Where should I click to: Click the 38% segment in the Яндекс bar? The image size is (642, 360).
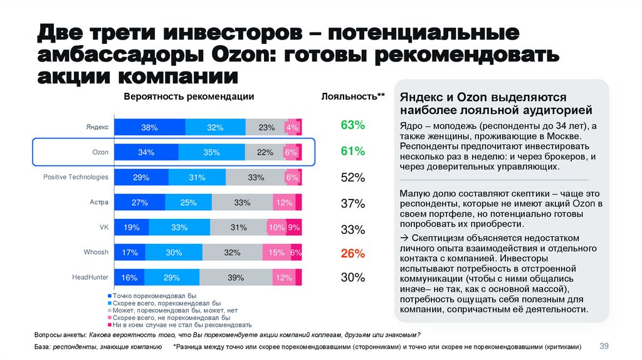point(149,127)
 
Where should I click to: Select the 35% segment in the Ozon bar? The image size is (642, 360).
point(211,152)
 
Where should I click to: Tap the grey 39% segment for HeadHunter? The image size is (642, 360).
point(236,277)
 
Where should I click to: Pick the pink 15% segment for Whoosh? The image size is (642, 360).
point(276,252)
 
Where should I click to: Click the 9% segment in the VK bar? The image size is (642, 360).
point(294,227)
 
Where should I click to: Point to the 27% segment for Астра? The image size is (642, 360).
point(139,202)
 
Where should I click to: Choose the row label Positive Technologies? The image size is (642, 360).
point(76,177)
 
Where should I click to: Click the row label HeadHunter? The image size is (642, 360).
point(90,277)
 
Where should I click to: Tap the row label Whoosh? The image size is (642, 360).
point(96,252)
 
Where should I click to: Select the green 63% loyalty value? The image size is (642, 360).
point(352,125)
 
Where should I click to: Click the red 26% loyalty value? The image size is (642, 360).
point(352,253)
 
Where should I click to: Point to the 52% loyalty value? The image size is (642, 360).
point(352,177)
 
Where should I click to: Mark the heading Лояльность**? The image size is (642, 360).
point(353,97)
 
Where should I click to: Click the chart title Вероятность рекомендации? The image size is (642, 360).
point(189,97)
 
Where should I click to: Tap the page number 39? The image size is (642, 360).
point(605,346)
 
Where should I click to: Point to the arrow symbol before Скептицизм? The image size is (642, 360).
point(404,238)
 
